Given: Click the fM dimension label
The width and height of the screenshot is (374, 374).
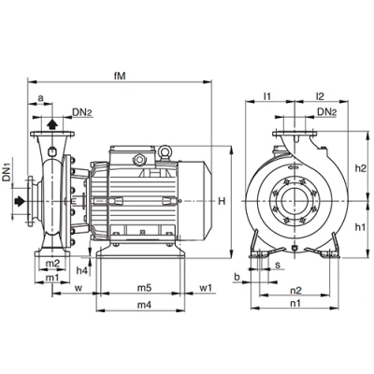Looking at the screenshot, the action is pyautogui.click(x=120, y=77).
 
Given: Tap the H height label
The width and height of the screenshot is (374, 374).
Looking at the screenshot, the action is pyautogui.click(x=222, y=201).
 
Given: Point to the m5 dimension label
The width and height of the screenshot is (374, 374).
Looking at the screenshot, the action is pyautogui.click(x=144, y=288).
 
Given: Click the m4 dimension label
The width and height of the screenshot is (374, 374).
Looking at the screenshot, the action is pyautogui.click(x=144, y=306).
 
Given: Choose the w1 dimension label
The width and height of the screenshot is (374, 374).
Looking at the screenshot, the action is pyautogui.click(x=206, y=288).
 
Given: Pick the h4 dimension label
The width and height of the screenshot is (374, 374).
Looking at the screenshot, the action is pyautogui.click(x=82, y=270).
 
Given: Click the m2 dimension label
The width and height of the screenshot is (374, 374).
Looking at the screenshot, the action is pyautogui.click(x=52, y=264).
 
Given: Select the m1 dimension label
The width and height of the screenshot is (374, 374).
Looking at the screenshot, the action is pyautogui.click(x=52, y=278).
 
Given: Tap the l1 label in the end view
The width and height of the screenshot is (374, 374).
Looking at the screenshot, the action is pyautogui.click(x=267, y=96).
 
